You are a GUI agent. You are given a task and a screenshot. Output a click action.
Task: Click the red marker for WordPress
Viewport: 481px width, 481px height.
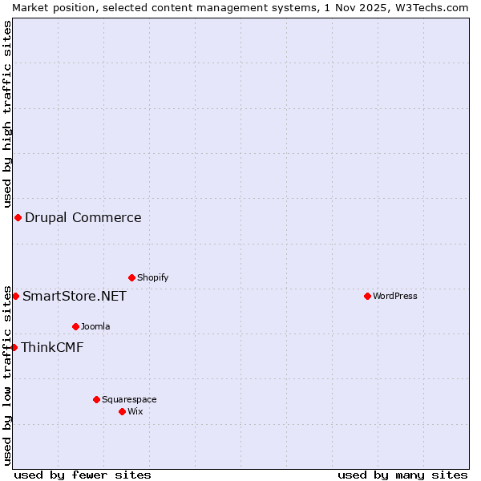(367, 296)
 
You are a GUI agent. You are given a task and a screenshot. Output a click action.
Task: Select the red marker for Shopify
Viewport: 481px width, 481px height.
(131, 277)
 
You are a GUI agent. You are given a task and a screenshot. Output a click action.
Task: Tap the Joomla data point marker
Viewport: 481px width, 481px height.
(75, 326)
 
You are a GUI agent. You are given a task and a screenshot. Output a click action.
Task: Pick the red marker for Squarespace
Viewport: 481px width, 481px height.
(96, 399)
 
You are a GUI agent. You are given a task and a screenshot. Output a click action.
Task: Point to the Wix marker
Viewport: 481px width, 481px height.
(122, 411)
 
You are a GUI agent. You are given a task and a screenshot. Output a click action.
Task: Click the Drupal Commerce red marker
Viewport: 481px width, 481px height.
(18, 217)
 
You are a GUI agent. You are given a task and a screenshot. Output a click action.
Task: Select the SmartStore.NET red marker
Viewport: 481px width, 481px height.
(15, 296)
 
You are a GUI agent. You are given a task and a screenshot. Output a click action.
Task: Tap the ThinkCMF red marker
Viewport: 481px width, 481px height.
(14, 347)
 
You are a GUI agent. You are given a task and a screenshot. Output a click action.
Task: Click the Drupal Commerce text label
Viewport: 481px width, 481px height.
(83, 217)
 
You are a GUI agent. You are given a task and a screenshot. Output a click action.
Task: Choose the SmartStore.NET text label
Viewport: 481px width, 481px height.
(75, 296)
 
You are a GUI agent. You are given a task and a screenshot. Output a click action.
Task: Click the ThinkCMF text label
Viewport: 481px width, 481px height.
(52, 347)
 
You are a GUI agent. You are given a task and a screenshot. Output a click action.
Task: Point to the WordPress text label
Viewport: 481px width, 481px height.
(395, 296)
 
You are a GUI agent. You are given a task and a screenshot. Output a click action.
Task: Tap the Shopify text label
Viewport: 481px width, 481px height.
(152, 277)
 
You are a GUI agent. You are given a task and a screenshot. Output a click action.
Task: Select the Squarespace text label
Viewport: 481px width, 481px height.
(129, 399)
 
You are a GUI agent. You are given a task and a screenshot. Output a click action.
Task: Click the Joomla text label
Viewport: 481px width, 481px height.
(95, 326)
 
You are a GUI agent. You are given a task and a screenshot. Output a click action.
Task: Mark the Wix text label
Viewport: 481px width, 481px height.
(135, 411)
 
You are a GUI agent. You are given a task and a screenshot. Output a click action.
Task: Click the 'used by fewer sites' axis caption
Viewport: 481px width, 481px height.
(83, 475)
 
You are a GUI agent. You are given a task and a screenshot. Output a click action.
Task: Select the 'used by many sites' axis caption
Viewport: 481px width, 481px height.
(402, 475)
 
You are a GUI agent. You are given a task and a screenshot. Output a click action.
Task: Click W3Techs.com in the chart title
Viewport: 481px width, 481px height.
(430, 7)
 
